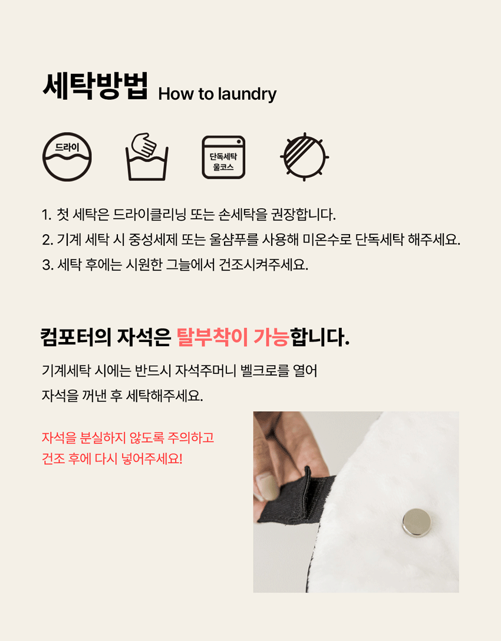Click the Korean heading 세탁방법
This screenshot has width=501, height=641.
[95, 86]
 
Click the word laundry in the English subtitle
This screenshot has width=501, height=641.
[247, 94]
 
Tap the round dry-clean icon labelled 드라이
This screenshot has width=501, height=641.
[67, 157]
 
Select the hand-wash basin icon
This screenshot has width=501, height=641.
[147, 157]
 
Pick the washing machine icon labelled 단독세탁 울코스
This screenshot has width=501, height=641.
[223, 157]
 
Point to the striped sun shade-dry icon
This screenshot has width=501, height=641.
[305, 157]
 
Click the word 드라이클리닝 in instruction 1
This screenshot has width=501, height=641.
[150, 214]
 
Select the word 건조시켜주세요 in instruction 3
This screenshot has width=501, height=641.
[263, 265]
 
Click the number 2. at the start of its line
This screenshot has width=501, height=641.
[47, 240]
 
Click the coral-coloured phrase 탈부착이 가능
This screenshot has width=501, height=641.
[233, 337]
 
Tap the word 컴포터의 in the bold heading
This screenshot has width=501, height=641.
[75, 337]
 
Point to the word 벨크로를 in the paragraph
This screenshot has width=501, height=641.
[265, 371]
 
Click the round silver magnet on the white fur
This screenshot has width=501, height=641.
[416, 522]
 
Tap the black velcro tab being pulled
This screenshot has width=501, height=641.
[298, 498]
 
